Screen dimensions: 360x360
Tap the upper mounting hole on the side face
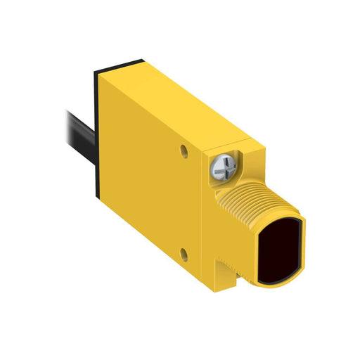pyautogui.click(x=185, y=150)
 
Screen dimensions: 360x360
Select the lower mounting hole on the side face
pyautogui.click(x=184, y=252)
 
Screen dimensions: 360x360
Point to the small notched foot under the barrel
pyautogui.click(x=232, y=271)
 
